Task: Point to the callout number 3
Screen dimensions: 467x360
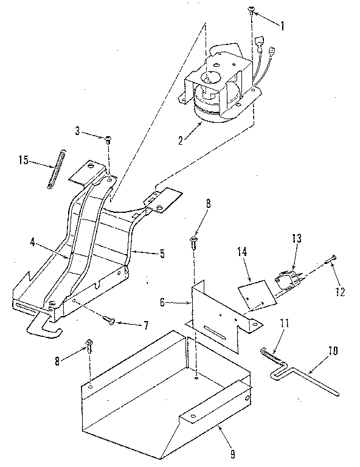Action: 78,131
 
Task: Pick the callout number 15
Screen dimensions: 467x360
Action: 22,161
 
